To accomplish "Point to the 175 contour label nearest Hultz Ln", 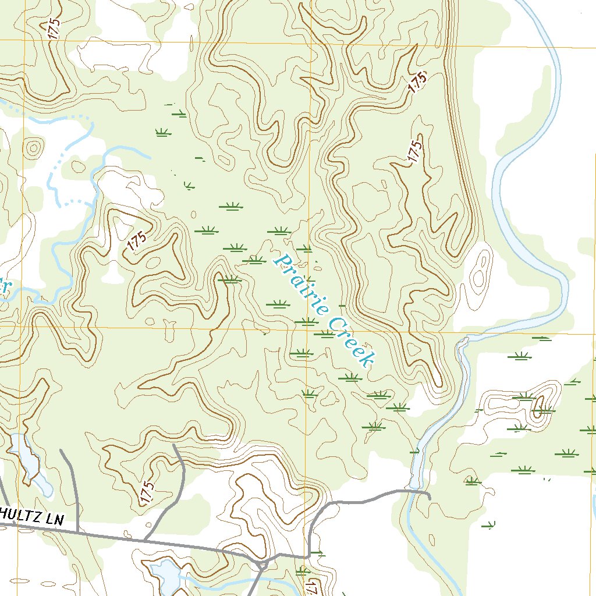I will click(x=147, y=492).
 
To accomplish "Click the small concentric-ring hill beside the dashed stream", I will click(x=33, y=148).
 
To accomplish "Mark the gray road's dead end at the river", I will click(x=429, y=496).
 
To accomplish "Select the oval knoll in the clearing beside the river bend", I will click(x=480, y=270).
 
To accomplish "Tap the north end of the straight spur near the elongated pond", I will click(x=61, y=450).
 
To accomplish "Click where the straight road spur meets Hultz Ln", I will click(x=77, y=531).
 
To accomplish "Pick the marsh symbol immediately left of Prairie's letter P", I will click(x=256, y=259).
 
